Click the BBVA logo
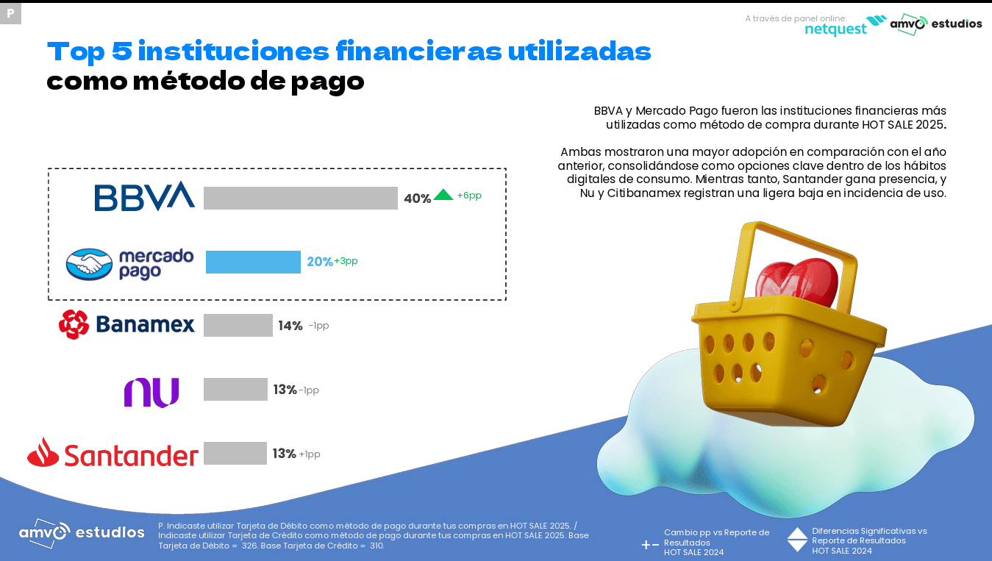[x=144, y=196]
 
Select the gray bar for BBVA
[x=300, y=198]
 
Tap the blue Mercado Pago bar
[x=253, y=262]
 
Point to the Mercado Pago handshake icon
[x=89, y=264]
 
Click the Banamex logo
[x=126, y=324]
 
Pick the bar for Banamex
[x=238, y=325]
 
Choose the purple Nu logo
[x=151, y=392]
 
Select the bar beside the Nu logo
[x=235, y=389]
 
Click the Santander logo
[x=113, y=454]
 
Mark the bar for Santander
[x=235, y=453]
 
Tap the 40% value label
[x=417, y=199]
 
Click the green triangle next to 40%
[x=443, y=195]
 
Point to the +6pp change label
[x=469, y=196]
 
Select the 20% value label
[x=320, y=262]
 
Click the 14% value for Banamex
[x=290, y=326]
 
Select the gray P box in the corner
[x=10, y=13]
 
